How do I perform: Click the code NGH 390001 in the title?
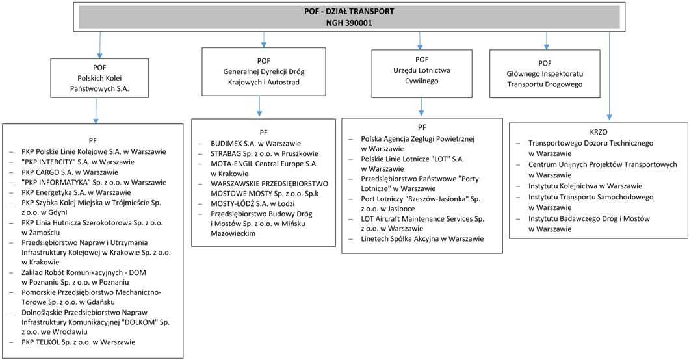point(349,23)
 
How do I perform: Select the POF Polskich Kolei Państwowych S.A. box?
point(99,78)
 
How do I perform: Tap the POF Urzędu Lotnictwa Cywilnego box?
point(422,74)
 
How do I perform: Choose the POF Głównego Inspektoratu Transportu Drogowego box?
point(545,74)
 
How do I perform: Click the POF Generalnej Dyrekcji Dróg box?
point(264,71)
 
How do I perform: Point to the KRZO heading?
point(599,132)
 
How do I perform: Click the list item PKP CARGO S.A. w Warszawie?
point(70,172)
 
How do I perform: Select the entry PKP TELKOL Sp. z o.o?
point(78,342)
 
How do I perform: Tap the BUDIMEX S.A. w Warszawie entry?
point(255,144)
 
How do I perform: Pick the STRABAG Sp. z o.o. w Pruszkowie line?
point(265,153)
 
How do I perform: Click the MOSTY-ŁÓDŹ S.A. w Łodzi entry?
point(253,203)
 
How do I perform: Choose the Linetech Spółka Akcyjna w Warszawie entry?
point(422,239)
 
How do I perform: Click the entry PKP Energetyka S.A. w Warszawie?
point(76,192)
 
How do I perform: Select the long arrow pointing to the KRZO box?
point(609,76)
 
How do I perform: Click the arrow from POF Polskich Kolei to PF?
point(96,110)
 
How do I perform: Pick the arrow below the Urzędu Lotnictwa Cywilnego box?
point(421,107)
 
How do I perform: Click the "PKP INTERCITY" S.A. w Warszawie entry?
point(78,162)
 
